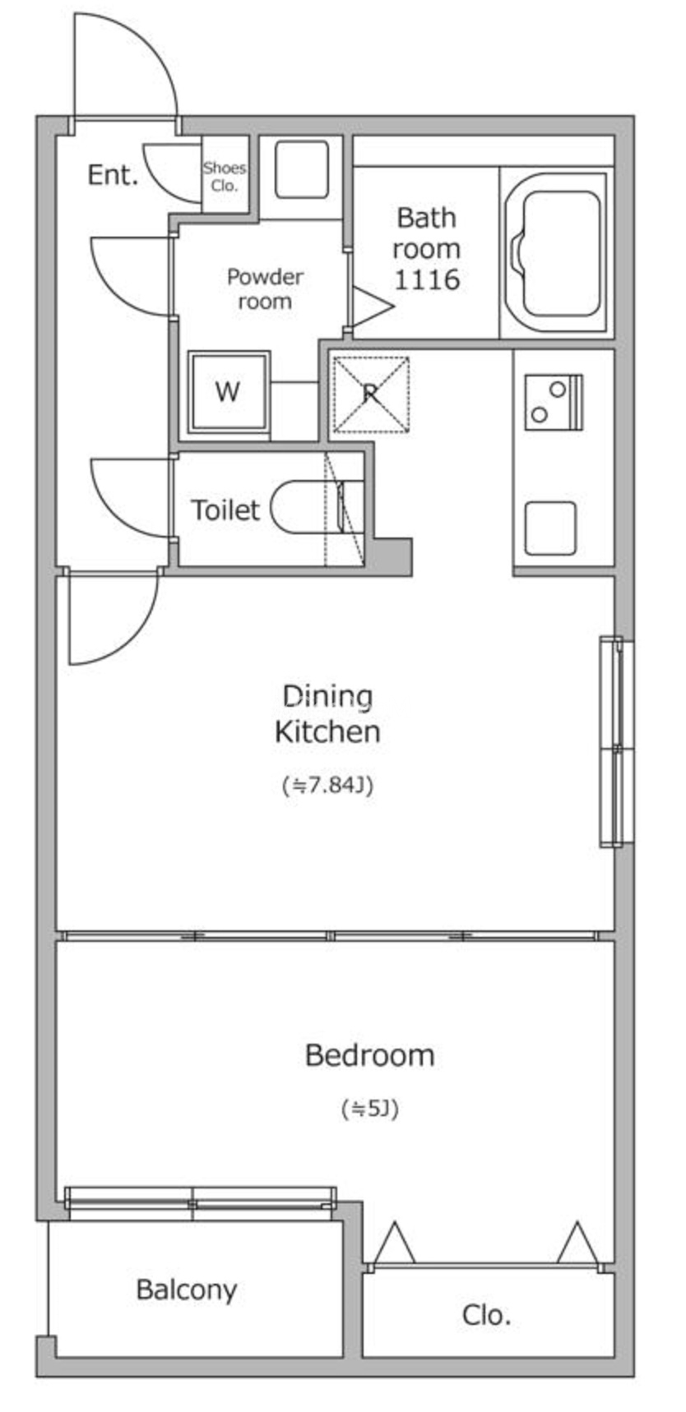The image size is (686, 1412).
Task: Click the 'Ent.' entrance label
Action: pos(113,174)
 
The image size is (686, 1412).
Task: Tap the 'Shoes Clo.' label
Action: pos(225,177)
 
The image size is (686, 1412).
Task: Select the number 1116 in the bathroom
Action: pos(427,279)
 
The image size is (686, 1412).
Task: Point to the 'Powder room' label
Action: pos(265,288)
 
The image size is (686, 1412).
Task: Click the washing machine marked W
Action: pos(229,392)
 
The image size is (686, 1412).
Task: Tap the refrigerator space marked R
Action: pos(371,394)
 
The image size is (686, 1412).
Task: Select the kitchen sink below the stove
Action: pos(550,527)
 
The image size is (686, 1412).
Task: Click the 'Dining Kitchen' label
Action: pos(327,713)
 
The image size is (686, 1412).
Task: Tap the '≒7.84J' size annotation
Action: pos(327,786)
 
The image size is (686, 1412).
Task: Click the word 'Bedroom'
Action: pos(369,1055)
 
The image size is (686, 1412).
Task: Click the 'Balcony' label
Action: pos(187,1290)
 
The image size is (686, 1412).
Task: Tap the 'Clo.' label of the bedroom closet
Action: pos(486,1315)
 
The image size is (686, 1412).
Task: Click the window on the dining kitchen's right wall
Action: pos(616,741)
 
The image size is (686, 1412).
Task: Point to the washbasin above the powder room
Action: pos(301,169)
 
